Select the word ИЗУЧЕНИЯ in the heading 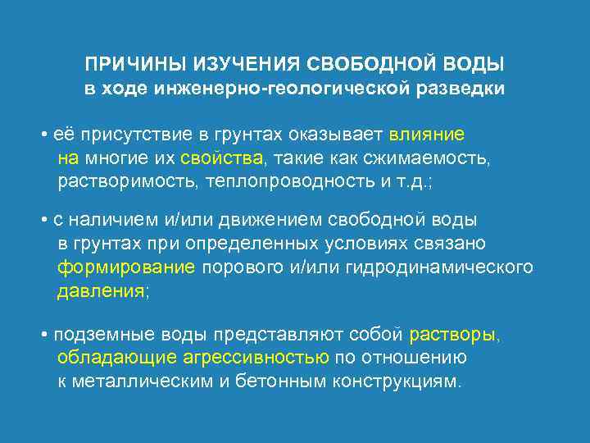click(237, 63)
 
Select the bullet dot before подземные click(43, 336)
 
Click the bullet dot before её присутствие click(43, 134)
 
